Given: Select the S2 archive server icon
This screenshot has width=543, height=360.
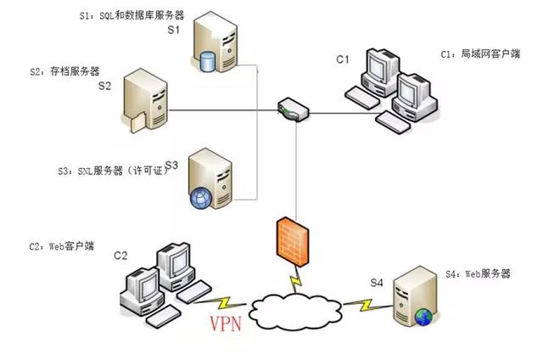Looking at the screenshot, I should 147,103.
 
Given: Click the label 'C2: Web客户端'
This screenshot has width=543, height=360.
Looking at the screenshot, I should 61,246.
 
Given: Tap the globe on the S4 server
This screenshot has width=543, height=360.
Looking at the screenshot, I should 423,318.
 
